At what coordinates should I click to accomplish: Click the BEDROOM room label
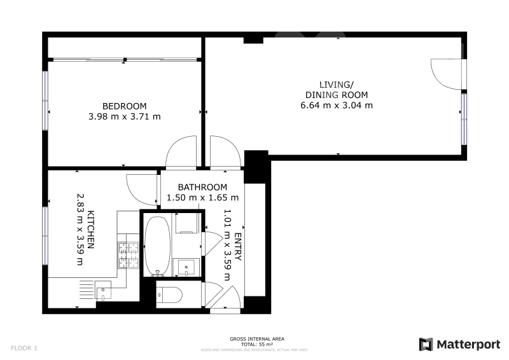tap(124, 106)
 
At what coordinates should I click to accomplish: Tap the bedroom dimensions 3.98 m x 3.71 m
tap(124, 116)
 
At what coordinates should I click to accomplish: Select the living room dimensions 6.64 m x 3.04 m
tap(337, 106)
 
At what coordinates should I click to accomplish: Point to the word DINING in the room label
tap(321, 95)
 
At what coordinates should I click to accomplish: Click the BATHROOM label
tap(202, 187)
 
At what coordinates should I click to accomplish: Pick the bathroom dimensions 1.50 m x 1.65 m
tap(202, 198)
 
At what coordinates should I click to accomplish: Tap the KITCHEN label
tap(91, 230)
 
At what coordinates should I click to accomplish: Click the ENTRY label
tap(237, 247)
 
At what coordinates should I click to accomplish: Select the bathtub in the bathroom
tap(157, 246)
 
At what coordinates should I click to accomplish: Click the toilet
tap(169, 294)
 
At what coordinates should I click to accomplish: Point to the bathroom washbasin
tap(186, 268)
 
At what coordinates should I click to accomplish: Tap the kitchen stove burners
tap(129, 255)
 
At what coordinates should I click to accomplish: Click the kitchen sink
tap(103, 290)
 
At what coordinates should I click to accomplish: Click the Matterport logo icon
tap(426, 345)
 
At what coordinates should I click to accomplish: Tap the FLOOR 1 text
tap(24, 349)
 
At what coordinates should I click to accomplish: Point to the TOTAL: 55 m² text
tap(257, 345)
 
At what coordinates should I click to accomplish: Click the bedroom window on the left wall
tap(45, 100)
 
